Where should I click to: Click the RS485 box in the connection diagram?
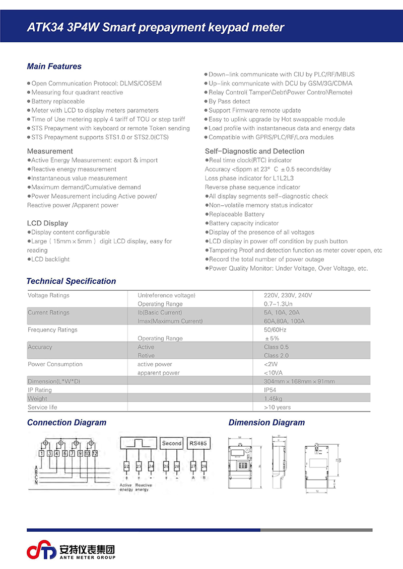coord(198,443)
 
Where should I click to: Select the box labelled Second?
coord(172,443)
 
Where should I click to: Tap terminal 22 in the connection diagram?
coord(126,466)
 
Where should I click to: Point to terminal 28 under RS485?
coord(204,466)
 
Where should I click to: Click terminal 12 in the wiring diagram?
coord(95,454)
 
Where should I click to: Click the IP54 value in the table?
coord(271,390)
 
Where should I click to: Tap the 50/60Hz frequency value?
coord(275,330)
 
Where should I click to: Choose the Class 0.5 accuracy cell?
coord(276,347)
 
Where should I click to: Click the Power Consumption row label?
coord(55,364)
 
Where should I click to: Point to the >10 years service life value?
coord(277,407)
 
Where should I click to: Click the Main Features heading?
coord(54,66)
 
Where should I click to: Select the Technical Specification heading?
coord(71,281)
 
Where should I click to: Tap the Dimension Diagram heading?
coord(266,423)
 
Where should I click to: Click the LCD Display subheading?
coord(47,223)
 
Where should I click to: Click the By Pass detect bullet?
coord(229,102)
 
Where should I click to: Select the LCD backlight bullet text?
coord(50,260)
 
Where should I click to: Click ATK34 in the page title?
coord(45,28)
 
